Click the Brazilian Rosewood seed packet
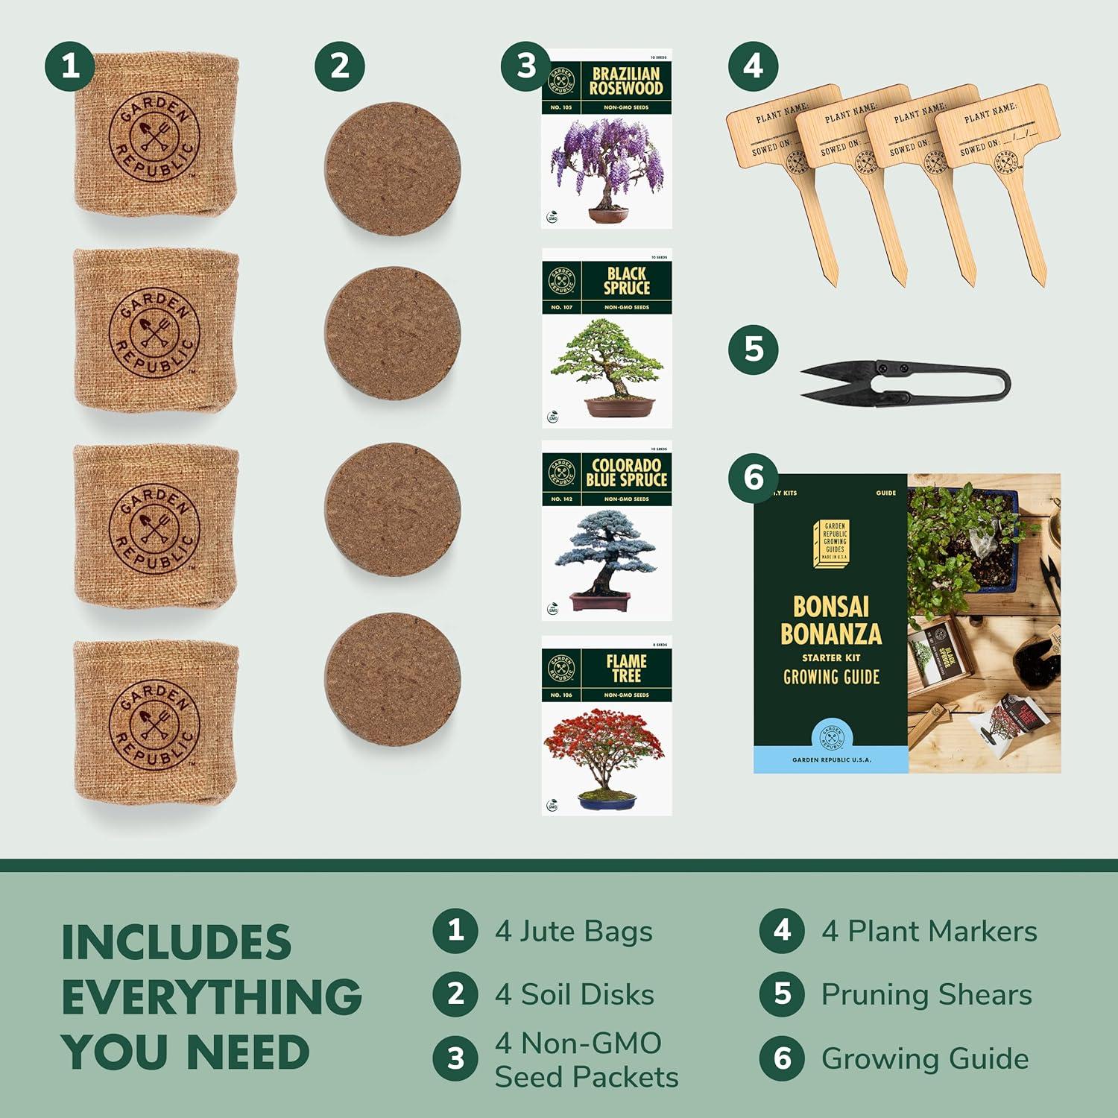pos(606,139)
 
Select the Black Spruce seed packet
pos(606,338)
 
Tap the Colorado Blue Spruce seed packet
pos(606,531)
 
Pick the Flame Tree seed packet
pos(606,725)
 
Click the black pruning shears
pos(906,382)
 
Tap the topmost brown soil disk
pos(392,168)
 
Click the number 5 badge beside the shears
pos(753,349)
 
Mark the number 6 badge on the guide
pos(753,477)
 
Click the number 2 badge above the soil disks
pos(339,66)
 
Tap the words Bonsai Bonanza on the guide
pos(830,620)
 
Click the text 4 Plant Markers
pos(928,931)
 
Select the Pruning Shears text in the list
pos(926,994)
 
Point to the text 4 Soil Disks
pos(574,994)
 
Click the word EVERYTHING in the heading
pos(212,997)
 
